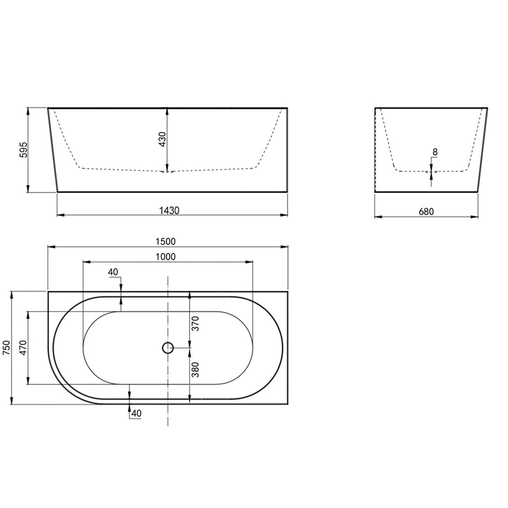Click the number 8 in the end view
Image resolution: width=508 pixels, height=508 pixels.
pos(435,152)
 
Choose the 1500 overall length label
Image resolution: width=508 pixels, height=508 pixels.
pos(167,241)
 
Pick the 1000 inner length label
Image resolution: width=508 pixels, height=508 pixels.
pos(168,256)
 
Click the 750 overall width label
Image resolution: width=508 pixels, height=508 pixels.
pos(7,347)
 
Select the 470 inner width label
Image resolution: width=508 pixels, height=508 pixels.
pos(23,347)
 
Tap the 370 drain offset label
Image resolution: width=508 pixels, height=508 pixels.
pos(195,323)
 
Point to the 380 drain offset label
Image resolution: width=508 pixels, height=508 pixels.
pos(195,370)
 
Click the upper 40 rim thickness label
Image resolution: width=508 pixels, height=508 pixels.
pos(114,272)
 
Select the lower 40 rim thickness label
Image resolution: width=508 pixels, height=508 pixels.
pos(136,413)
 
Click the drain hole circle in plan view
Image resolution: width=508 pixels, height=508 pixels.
pos(168,348)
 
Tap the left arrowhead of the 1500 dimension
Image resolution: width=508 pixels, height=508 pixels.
pos(51,246)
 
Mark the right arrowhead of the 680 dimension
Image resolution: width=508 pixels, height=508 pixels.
pos(474,217)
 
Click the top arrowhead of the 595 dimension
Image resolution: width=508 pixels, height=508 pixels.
pos(28,111)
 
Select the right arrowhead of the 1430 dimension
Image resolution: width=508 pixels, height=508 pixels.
pos(284,216)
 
